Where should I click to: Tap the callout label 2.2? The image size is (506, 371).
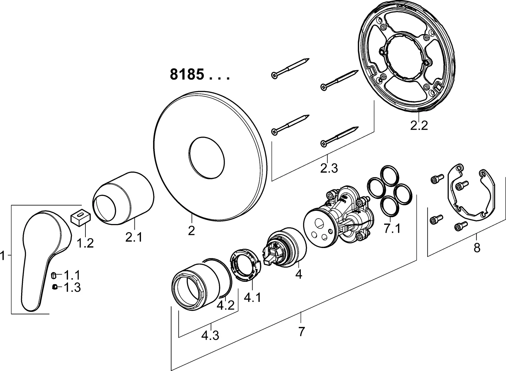point(419,125)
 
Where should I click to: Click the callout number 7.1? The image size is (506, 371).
point(392,229)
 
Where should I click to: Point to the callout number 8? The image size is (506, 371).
point(477,248)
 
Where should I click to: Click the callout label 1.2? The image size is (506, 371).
point(85,243)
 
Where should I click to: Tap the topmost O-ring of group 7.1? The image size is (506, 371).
point(388,175)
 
